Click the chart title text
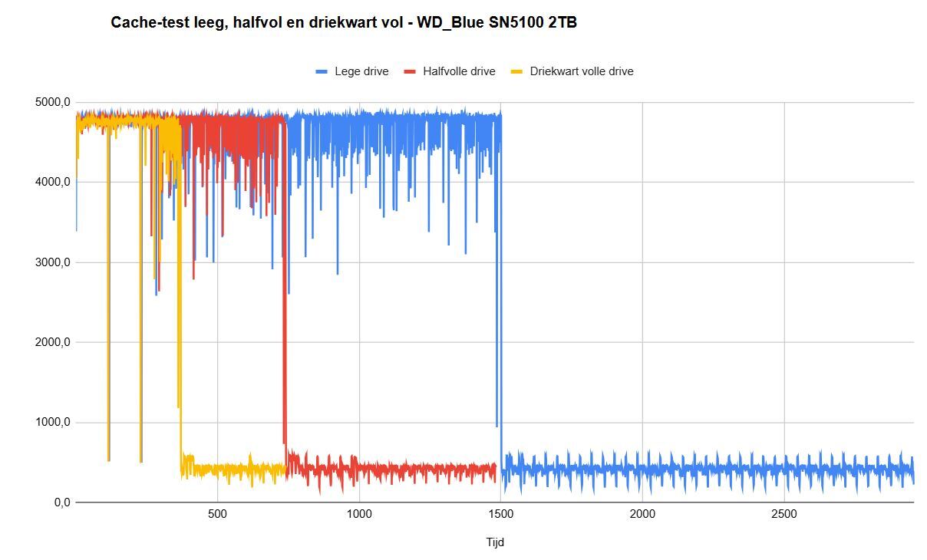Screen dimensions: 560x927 tap(344, 23)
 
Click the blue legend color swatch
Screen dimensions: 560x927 tap(322, 71)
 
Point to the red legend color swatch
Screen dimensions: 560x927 tap(410, 71)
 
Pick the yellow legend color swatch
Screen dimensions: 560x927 tap(517, 71)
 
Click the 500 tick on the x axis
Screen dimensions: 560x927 tap(217, 514)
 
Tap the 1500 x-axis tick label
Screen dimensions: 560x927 tap(500, 514)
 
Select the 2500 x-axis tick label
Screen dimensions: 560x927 tap(783, 514)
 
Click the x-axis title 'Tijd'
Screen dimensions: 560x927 tap(495, 542)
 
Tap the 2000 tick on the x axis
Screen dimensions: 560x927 tap(642, 514)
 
